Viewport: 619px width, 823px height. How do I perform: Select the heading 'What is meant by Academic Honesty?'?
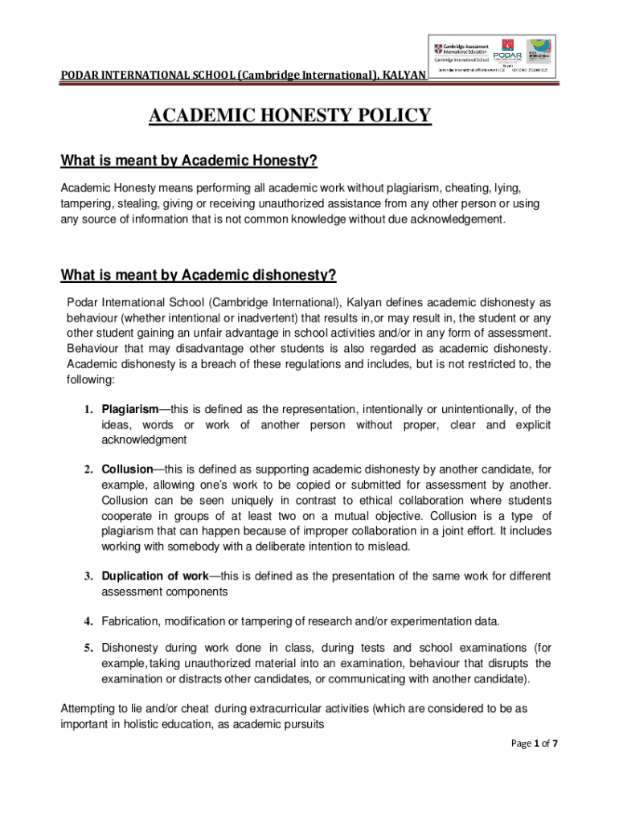189,162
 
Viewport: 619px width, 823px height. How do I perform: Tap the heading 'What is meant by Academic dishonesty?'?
198,276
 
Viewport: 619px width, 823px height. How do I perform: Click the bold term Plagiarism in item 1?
129,409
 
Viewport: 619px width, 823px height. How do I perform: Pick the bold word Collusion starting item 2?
127,469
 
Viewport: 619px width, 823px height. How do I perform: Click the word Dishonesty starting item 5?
130,648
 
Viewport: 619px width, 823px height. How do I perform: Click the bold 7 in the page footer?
555,743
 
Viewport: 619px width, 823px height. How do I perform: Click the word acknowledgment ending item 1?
144,440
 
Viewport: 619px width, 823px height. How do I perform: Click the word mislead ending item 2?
390,547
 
